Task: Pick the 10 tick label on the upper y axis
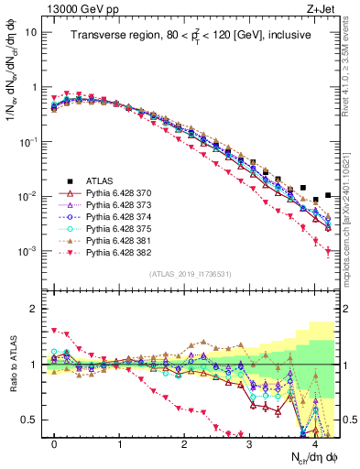point(30,32)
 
